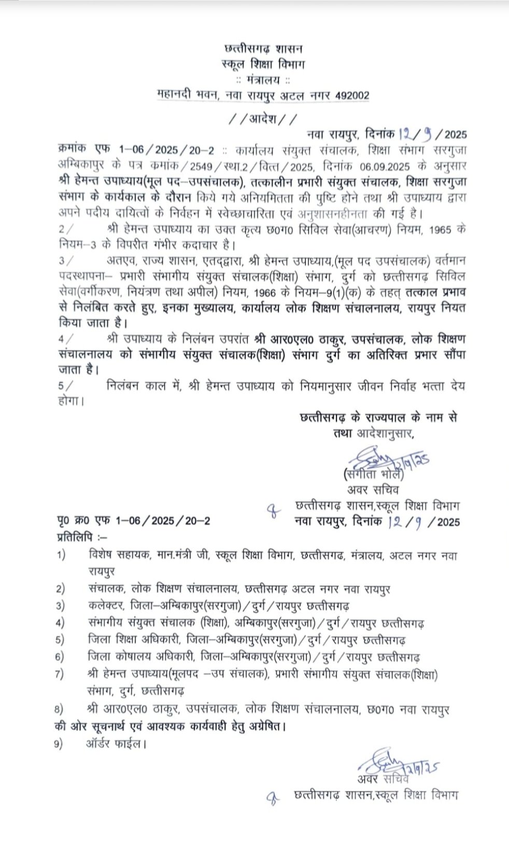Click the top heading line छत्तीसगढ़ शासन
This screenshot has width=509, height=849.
(x=264, y=49)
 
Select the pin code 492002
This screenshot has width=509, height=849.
(x=351, y=95)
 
